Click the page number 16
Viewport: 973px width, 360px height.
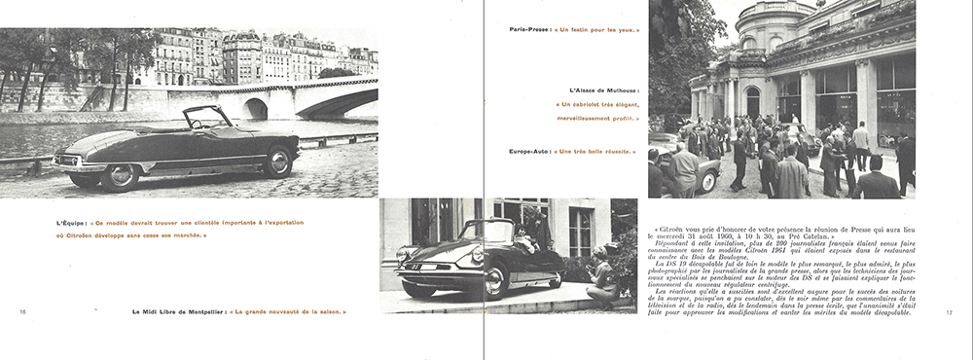(21, 311)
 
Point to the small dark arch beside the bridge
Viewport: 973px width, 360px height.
(256, 108)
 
